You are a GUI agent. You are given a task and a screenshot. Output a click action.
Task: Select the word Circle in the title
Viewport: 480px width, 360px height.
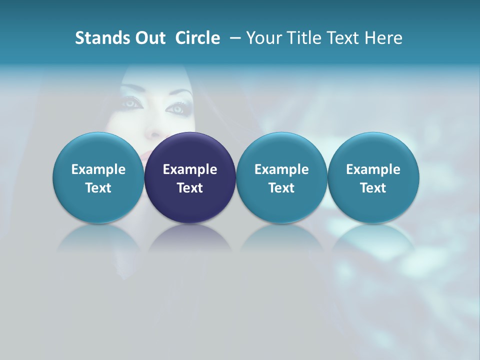click(x=197, y=38)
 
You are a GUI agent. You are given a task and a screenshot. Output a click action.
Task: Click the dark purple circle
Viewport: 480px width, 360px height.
click(x=190, y=178)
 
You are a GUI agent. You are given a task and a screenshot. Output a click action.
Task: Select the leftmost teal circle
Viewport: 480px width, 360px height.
click(x=98, y=178)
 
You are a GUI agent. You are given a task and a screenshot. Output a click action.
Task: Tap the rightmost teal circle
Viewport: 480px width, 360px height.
click(x=373, y=178)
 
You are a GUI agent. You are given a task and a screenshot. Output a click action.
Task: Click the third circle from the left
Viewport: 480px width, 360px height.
click(x=281, y=178)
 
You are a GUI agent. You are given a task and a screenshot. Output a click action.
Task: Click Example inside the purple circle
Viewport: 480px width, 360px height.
click(x=190, y=169)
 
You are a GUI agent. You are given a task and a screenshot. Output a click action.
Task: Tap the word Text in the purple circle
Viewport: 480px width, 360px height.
click(x=190, y=188)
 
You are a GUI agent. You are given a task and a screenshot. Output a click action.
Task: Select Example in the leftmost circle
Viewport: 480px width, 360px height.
click(x=98, y=169)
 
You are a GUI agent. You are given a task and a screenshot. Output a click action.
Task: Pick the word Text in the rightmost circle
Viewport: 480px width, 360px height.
click(x=373, y=188)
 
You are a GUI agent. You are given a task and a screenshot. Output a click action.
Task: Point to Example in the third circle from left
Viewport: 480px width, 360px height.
click(x=281, y=169)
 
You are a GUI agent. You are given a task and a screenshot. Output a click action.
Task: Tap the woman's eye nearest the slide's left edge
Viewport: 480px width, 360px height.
click(x=131, y=102)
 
